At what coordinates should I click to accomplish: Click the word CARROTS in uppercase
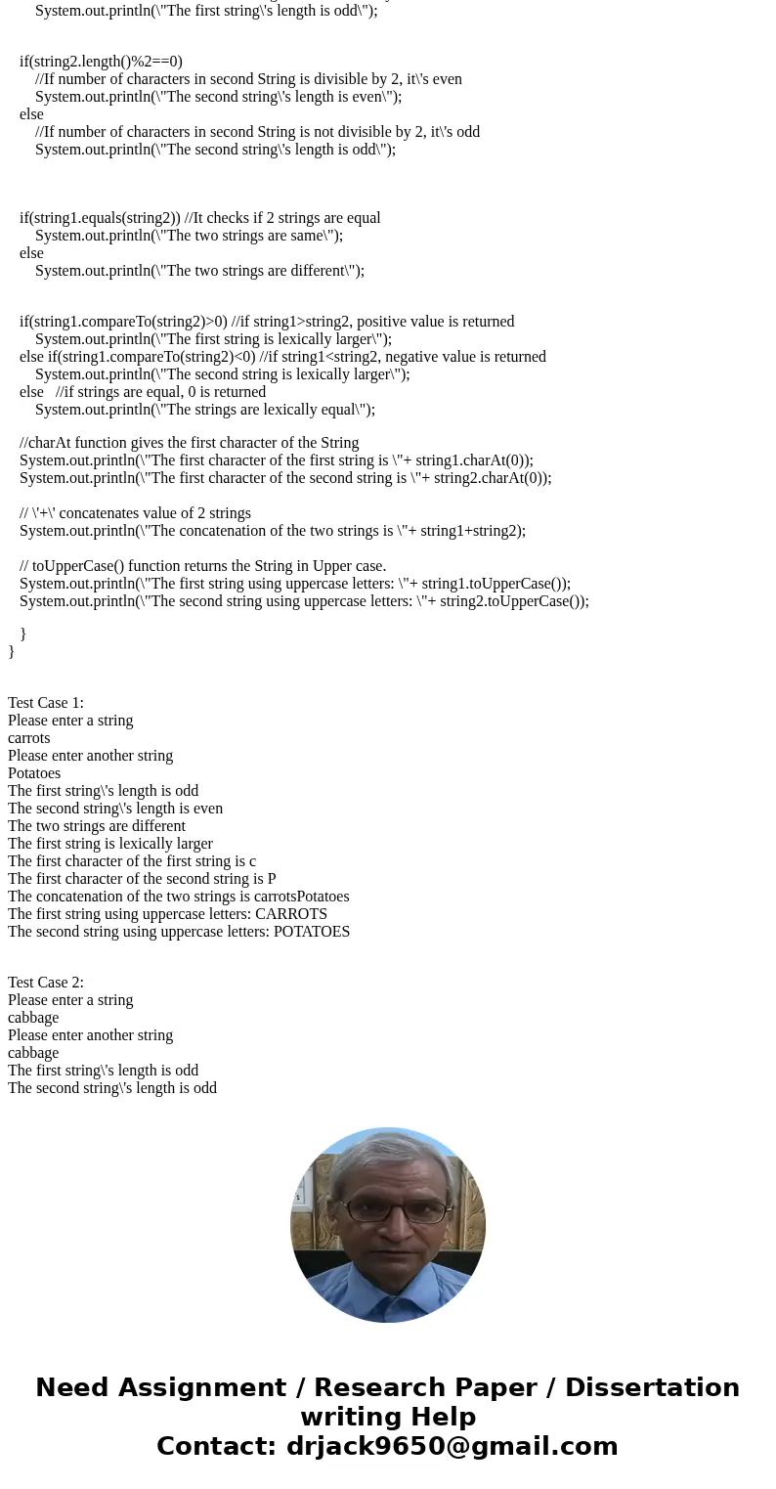[291, 914]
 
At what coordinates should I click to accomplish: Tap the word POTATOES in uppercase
[312, 932]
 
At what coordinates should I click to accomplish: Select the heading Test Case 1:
[46, 703]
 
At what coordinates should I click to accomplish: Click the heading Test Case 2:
[46, 983]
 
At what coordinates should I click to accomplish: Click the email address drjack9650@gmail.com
[452, 1446]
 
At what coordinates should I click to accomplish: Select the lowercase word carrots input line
[29, 738]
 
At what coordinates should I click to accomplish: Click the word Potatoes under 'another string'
[34, 773]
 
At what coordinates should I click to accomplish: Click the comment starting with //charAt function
[190, 443]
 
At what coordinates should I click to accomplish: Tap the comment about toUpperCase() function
[202, 566]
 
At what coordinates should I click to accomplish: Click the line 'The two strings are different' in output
[97, 826]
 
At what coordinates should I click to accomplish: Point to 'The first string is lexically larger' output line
[110, 844]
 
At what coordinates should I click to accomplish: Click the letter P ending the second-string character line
[272, 879]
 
